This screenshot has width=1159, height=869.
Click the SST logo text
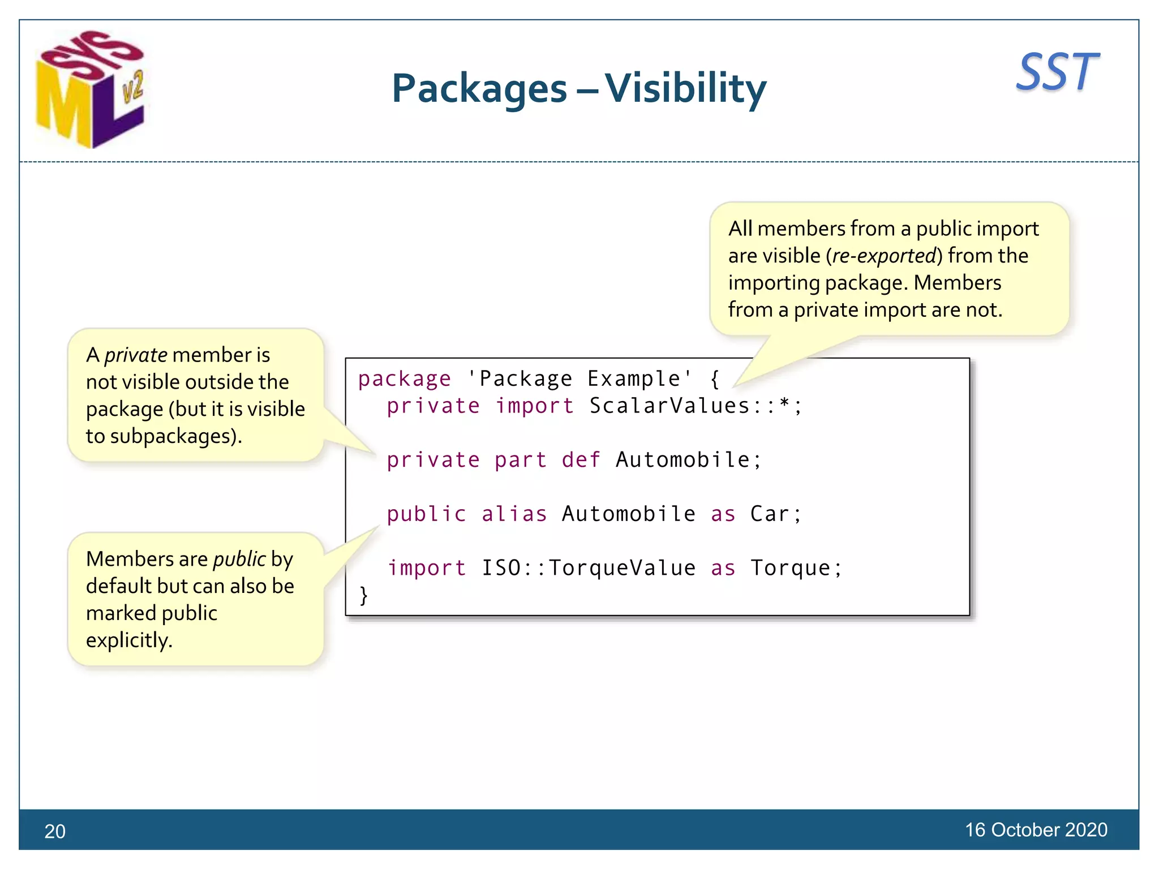[1057, 72]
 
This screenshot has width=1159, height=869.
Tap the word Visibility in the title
[685, 89]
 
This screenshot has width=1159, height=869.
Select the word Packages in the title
[479, 89]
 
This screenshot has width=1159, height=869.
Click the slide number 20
[55, 831]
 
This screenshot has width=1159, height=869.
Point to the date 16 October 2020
[1036, 829]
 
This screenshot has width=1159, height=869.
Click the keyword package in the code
[405, 378]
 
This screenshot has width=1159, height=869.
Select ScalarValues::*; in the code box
[696, 406]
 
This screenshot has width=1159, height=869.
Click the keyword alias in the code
[514, 514]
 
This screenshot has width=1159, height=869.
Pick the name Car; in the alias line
[776, 514]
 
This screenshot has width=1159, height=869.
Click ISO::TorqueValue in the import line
[589, 567]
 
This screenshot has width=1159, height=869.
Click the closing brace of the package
[364, 595]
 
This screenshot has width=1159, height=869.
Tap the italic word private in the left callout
[135, 355]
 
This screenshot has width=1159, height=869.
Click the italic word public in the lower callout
[239, 559]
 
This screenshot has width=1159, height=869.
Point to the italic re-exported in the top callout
[884, 256]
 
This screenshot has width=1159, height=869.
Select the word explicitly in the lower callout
[129, 640]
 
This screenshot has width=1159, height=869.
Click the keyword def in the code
[581, 459]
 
